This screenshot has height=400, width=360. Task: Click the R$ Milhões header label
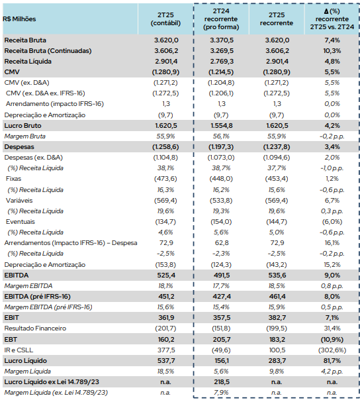[x=19, y=19]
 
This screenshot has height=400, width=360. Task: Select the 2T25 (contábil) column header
[x=165, y=19]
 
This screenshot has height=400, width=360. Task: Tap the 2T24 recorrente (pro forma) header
[x=221, y=19]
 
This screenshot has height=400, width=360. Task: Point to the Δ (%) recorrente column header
[x=332, y=19]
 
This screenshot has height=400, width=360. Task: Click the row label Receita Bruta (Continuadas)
[x=48, y=51]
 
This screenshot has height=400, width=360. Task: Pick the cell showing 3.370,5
[x=222, y=40]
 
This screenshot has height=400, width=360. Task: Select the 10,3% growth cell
[x=332, y=51]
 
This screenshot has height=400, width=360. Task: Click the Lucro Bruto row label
[x=22, y=126]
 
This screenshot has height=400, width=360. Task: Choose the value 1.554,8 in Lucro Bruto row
[x=222, y=126]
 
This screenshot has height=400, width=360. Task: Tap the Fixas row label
[x=13, y=179]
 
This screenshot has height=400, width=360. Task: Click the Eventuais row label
[x=21, y=222]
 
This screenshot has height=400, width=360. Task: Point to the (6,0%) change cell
[x=332, y=222]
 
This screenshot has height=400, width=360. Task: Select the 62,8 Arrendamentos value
[x=222, y=243]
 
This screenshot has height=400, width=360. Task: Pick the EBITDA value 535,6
[x=277, y=275]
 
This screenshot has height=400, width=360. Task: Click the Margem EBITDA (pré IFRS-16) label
[x=48, y=307]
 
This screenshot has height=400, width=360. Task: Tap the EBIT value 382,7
[x=277, y=318]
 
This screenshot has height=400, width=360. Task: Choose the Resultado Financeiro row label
[x=35, y=328]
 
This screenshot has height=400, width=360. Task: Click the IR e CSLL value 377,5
[x=166, y=350]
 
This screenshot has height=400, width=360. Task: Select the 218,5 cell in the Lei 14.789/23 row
[x=222, y=382]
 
